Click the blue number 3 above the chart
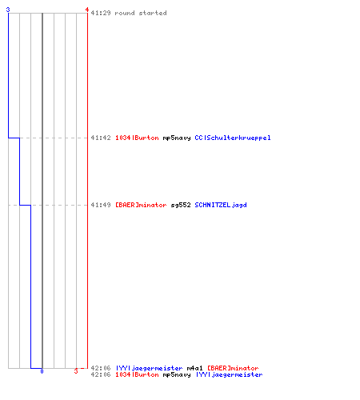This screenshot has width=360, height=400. [x=8, y=10]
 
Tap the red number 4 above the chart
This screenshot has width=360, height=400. [x=87, y=10]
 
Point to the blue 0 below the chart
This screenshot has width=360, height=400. [x=42, y=371]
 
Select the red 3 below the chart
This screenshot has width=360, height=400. [x=76, y=371]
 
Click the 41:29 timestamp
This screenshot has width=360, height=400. [x=101, y=13]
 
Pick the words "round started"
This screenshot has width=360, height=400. [x=141, y=13]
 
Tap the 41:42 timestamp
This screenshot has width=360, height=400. [x=101, y=138]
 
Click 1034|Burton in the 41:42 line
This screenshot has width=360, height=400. [x=137, y=138]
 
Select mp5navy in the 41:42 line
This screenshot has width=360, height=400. [x=177, y=138]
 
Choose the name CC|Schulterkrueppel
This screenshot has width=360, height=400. [x=233, y=138]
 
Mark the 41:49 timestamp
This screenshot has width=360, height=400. [x=101, y=205]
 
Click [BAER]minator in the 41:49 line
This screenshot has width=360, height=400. [x=141, y=205]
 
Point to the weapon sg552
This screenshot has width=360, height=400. [x=181, y=205]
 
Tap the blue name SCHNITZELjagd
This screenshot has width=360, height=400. [x=221, y=205]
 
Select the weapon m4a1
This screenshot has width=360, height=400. [x=194, y=368]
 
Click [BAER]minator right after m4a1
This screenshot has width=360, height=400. [x=233, y=368]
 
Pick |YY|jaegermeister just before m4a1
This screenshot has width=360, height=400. [x=149, y=368]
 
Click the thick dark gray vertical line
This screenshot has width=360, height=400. [x=42, y=190]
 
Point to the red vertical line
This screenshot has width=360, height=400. [x=87, y=190]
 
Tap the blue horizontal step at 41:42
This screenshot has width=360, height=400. [x=14, y=138]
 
